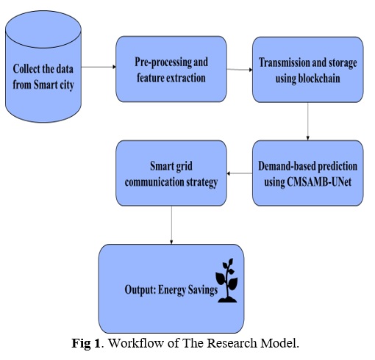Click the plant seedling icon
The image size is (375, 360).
tap(226, 281)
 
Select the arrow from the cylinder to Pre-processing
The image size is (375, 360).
tap(99, 67)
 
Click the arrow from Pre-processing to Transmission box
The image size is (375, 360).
tap(240, 70)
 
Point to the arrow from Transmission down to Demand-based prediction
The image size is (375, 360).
tap(308, 121)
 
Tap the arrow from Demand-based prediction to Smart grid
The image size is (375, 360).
tap(240, 173)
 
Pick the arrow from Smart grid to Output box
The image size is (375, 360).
tap(171, 225)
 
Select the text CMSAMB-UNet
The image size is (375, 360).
tap(319, 182)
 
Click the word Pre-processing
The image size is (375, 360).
tap(163, 62)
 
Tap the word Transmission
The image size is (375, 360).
tap(285, 62)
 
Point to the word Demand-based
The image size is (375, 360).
tap(286, 166)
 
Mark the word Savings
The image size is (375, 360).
tap(202, 290)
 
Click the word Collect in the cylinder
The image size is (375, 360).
tap(26, 69)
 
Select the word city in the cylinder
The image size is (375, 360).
tap(67, 85)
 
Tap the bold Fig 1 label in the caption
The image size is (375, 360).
tap(86, 343)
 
